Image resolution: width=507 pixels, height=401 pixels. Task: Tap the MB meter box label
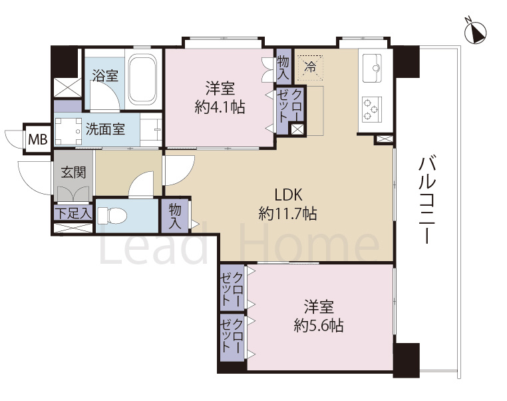(38, 139)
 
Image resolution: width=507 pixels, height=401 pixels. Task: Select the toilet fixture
(112, 215)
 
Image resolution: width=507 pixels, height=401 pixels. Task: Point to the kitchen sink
(372, 68)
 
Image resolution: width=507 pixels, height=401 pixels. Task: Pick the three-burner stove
(372, 109)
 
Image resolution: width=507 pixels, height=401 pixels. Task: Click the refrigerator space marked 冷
(311, 68)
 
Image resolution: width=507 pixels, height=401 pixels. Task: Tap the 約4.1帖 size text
(220, 107)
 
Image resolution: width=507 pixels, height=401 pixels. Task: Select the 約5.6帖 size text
(319, 325)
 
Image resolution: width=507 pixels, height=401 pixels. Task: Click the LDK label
(288, 195)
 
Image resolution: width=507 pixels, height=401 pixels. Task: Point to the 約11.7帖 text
(288, 214)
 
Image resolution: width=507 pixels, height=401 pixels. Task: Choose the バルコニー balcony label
(427, 199)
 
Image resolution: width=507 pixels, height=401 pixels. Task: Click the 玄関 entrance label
(73, 172)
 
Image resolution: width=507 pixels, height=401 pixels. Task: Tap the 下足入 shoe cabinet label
(73, 213)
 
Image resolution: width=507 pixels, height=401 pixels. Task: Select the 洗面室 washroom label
(105, 129)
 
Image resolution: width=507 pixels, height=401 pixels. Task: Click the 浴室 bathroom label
(105, 76)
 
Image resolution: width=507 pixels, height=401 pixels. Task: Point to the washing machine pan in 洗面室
(69, 131)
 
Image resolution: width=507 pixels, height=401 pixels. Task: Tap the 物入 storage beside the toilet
(175, 216)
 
